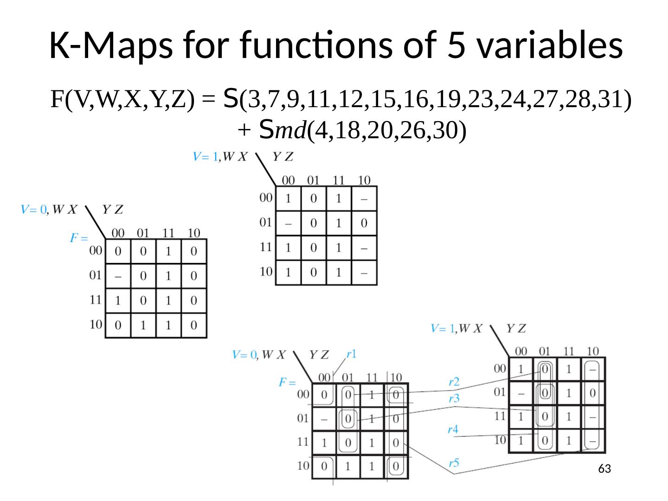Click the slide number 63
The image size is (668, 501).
coord(604,469)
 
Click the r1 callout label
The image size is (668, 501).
coord(351,354)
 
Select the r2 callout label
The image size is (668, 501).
coord(454,382)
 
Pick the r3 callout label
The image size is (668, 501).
coord(454,398)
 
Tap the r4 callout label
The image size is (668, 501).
coord(453,429)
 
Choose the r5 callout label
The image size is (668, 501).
coord(454,462)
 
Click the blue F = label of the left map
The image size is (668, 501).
coord(78,238)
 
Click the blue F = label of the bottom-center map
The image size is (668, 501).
coord(287,382)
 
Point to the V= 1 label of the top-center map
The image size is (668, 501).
coord(206,157)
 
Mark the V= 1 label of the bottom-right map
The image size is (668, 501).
coord(443,329)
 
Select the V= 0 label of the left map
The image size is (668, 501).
coord(33,210)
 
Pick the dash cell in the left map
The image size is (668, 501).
coord(118,276)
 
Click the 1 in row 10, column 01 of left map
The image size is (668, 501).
coord(143,325)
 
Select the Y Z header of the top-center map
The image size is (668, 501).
coord(283,157)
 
